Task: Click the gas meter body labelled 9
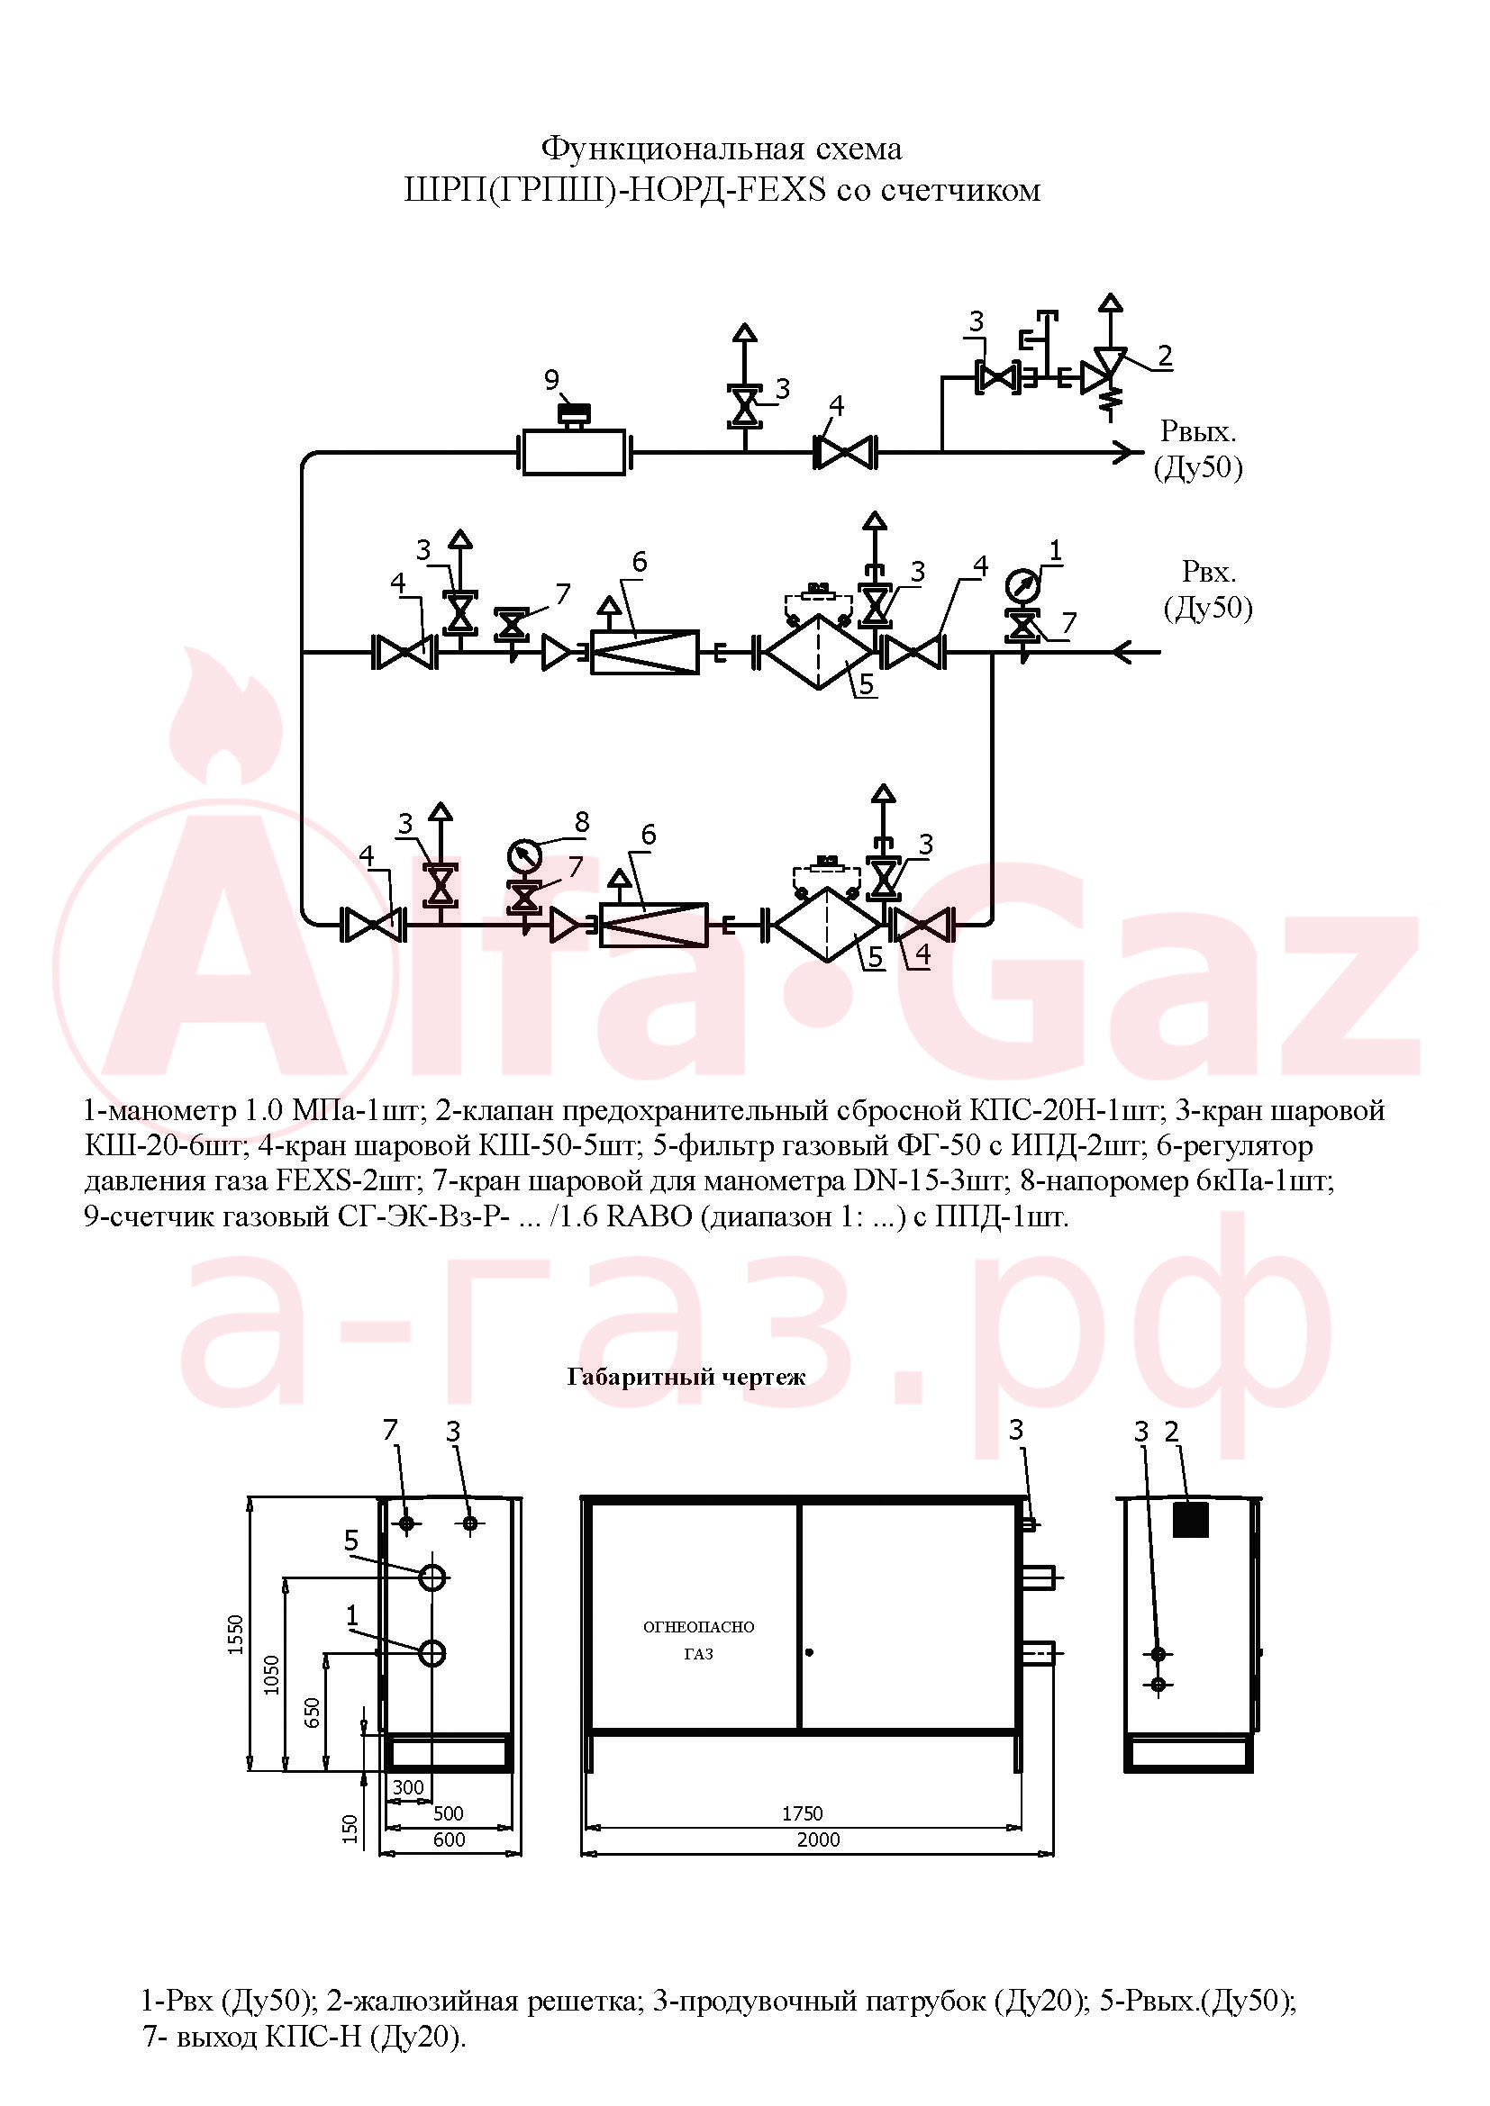pos(575,452)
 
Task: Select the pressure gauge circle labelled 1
pos(1022,583)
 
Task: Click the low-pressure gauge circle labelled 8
pos(524,855)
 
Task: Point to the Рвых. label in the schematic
pos(1198,430)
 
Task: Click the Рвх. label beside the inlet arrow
pos(1208,572)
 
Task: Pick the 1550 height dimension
pos(236,1633)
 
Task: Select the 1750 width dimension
pos(802,1813)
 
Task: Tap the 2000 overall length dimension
pos(817,1839)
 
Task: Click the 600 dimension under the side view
pos(449,1839)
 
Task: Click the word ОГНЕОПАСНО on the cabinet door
pos(698,1626)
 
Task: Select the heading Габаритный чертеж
pos(686,1377)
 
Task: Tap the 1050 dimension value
pos(271,1675)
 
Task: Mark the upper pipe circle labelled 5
pos(432,1577)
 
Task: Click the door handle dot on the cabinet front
pos(808,1653)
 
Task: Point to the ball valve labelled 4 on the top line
pos(844,452)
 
